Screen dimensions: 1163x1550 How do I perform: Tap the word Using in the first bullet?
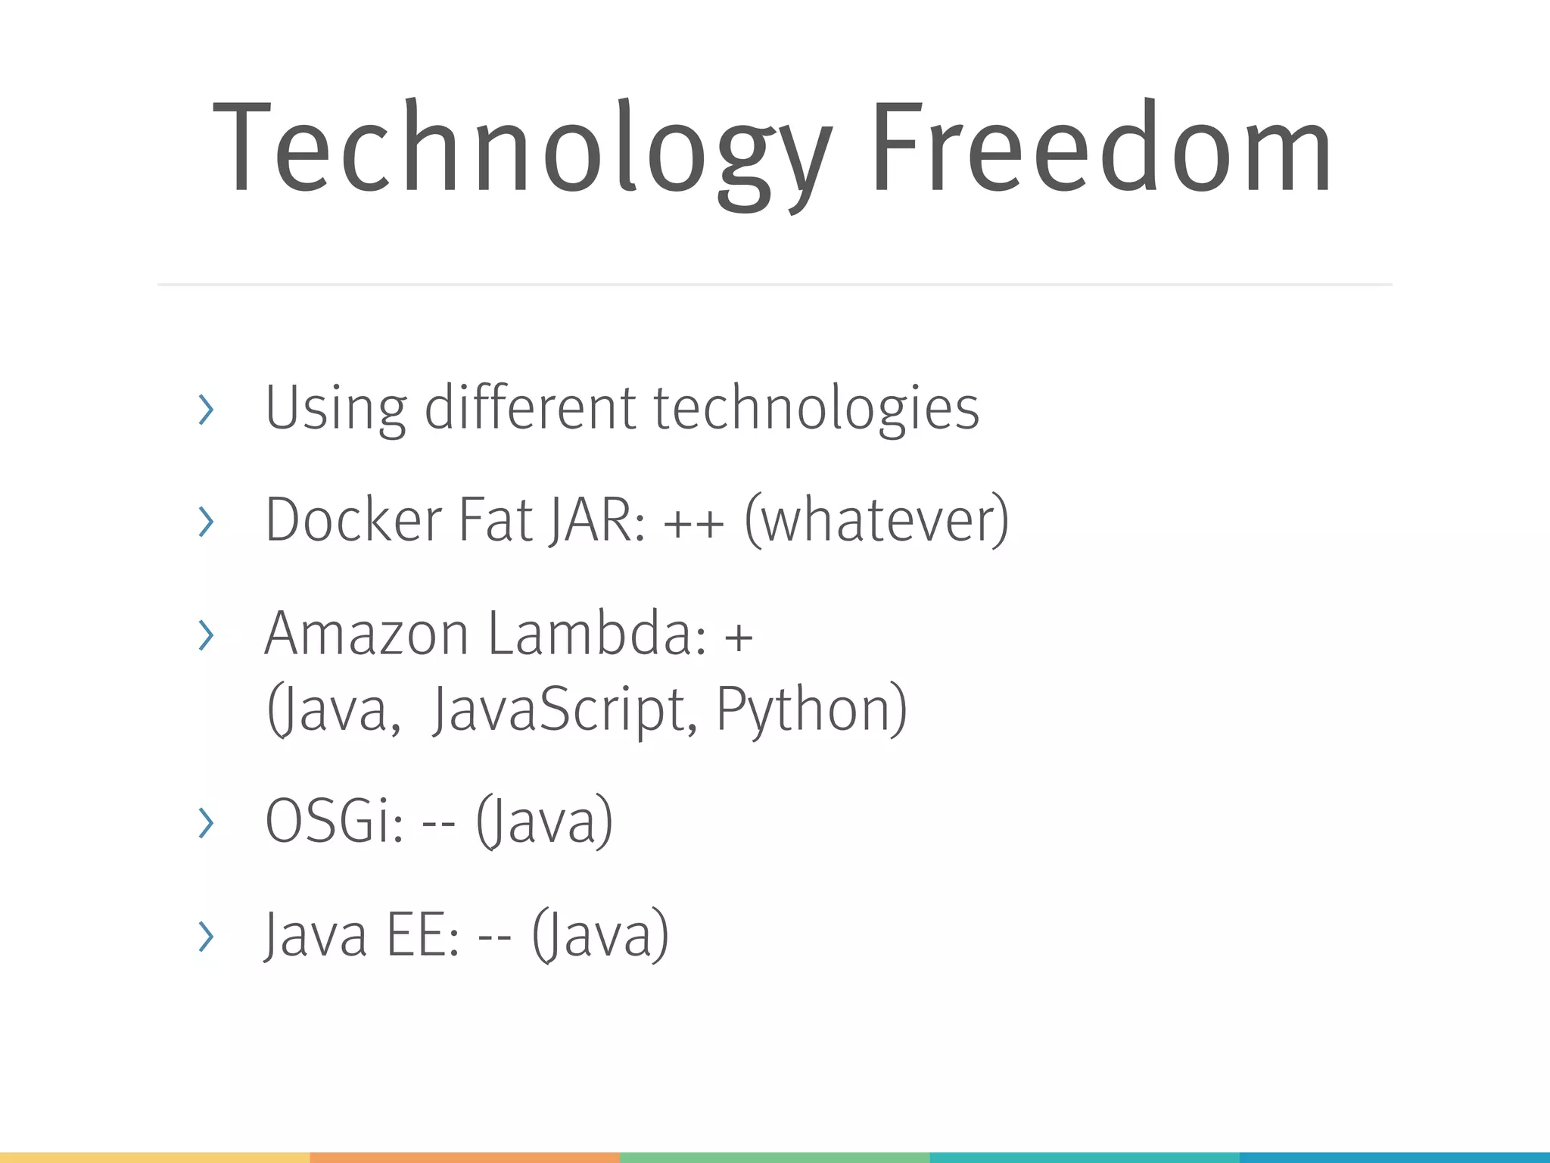[335, 409]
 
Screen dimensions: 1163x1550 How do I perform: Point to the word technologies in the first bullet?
[816, 409]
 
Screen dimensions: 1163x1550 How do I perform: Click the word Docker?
[353, 520]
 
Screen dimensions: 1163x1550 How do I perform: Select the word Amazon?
[366, 634]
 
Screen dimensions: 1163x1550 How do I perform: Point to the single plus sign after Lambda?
[739, 636]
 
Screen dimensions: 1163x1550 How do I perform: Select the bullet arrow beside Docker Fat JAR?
[205, 522]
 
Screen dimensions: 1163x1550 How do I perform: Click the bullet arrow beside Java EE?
[205, 937]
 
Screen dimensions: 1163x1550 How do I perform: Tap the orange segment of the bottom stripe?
[465, 1157]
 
